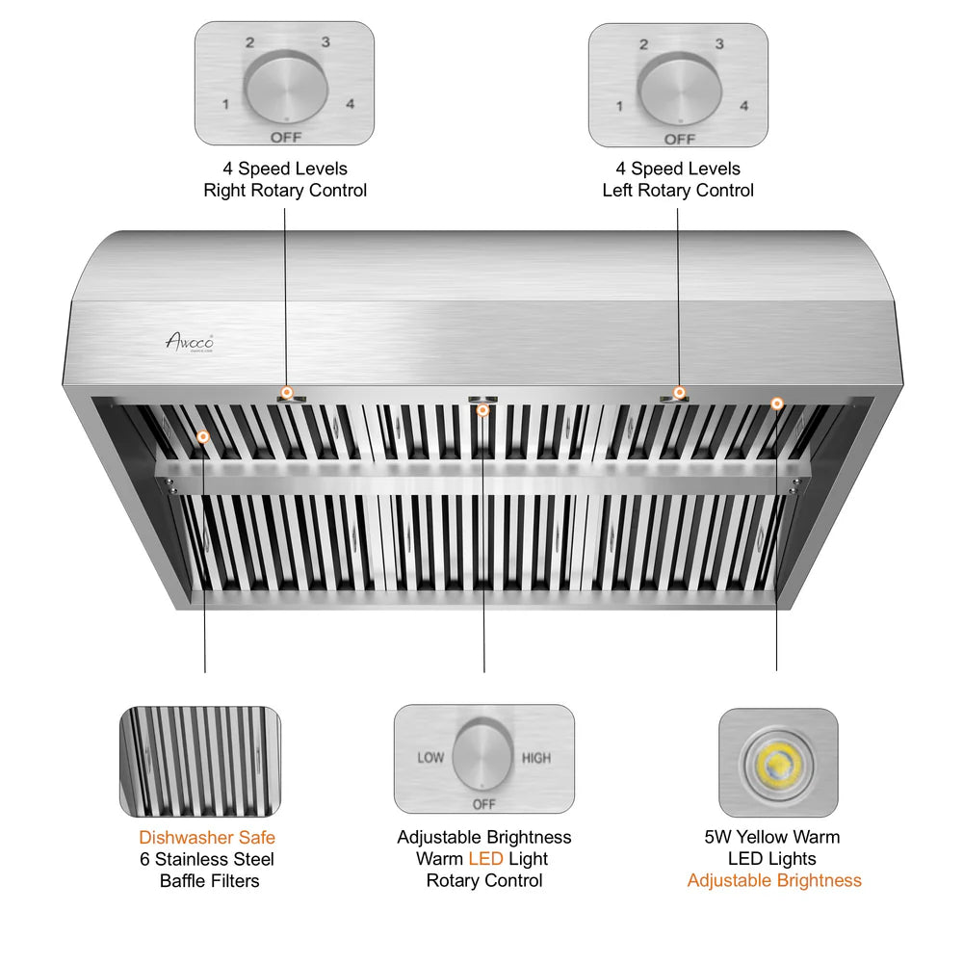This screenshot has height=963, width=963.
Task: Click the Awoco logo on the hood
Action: tap(189, 341)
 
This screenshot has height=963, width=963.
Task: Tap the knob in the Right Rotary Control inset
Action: tap(284, 88)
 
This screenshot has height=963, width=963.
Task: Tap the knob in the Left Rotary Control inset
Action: tap(679, 88)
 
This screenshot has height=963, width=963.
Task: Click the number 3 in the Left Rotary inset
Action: tap(718, 44)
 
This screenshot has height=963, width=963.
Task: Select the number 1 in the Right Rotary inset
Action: tap(225, 104)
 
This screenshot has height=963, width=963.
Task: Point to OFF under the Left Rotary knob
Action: tap(679, 139)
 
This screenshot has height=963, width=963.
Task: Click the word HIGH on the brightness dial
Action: tap(536, 758)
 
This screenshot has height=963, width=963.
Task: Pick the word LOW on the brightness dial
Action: tap(430, 758)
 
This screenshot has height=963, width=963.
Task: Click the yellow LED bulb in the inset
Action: tap(777, 763)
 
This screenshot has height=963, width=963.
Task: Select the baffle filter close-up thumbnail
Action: tap(199, 762)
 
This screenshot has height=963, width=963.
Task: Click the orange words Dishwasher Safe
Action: tap(207, 838)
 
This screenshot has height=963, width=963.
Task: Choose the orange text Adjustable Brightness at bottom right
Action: tap(774, 880)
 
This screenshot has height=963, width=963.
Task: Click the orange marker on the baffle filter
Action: tap(203, 437)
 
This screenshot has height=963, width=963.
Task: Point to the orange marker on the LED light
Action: tap(777, 403)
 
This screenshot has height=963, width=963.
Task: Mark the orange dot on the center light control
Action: tap(483, 411)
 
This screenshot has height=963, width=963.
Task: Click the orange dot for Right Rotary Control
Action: tap(286, 392)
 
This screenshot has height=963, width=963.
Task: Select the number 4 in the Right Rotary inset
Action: tap(351, 104)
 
